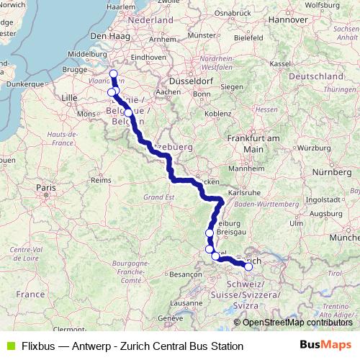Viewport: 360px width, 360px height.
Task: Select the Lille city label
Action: pyautogui.click(x=70, y=96)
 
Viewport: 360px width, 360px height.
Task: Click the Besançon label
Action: pyautogui.click(x=185, y=274)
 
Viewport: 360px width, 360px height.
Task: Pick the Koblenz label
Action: pyautogui.click(x=218, y=114)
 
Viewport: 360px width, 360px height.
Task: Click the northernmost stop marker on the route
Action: pyautogui.click(x=113, y=75)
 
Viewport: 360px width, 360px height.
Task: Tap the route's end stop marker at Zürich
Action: pyautogui.click(x=248, y=266)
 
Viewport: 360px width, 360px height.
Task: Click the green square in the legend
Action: pyautogui.click(x=9, y=346)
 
